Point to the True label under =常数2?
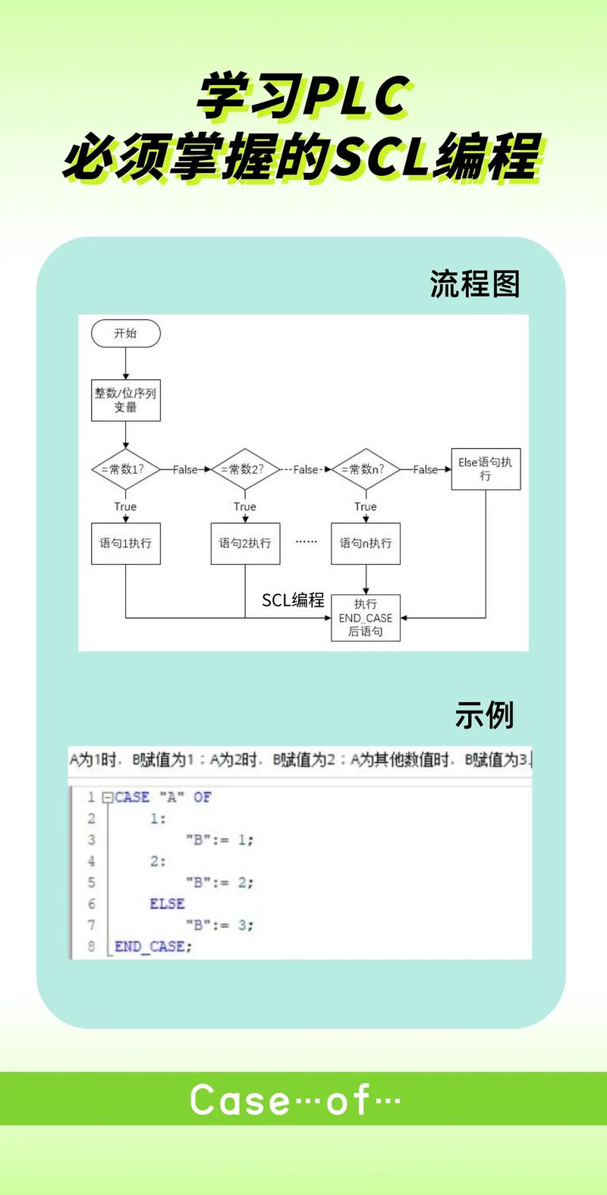[x=245, y=507]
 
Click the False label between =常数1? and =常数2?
[x=185, y=469]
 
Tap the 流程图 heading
[x=475, y=284]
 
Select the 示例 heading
[x=484, y=715]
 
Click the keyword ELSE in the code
[x=167, y=904]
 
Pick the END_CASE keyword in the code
[x=149, y=946]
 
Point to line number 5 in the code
[x=91, y=883]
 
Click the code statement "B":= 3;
[x=219, y=925]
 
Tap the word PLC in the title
[x=357, y=96]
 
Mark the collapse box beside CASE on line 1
[x=107, y=798]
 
